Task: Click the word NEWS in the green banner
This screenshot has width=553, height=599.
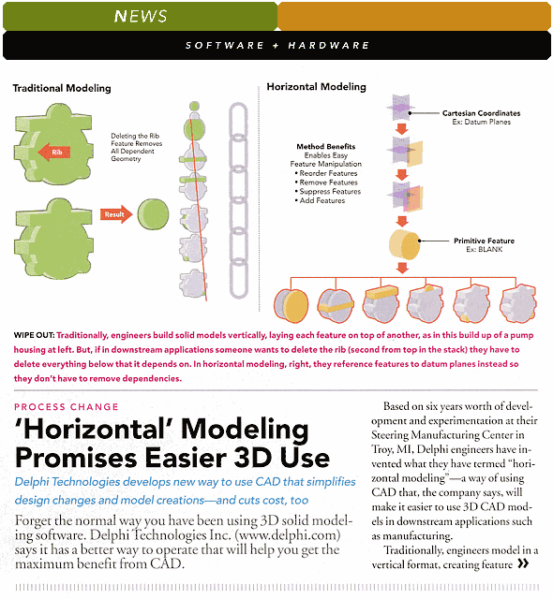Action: tap(141, 16)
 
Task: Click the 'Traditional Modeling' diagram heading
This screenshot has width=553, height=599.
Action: tap(61, 89)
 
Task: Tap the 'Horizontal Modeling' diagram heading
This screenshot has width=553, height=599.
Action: tap(316, 87)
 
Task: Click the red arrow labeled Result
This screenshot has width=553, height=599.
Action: tap(115, 213)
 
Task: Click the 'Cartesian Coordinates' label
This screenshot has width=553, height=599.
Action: tap(481, 113)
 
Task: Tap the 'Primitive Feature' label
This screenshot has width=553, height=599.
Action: tap(484, 241)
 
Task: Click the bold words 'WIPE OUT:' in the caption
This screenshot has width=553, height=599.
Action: tap(34, 335)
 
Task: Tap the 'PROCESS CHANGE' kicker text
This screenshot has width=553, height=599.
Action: tap(67, 407)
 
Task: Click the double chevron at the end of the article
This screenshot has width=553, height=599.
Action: tap(522, 564)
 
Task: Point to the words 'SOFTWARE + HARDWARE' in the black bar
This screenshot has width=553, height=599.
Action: tap(276, 45)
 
